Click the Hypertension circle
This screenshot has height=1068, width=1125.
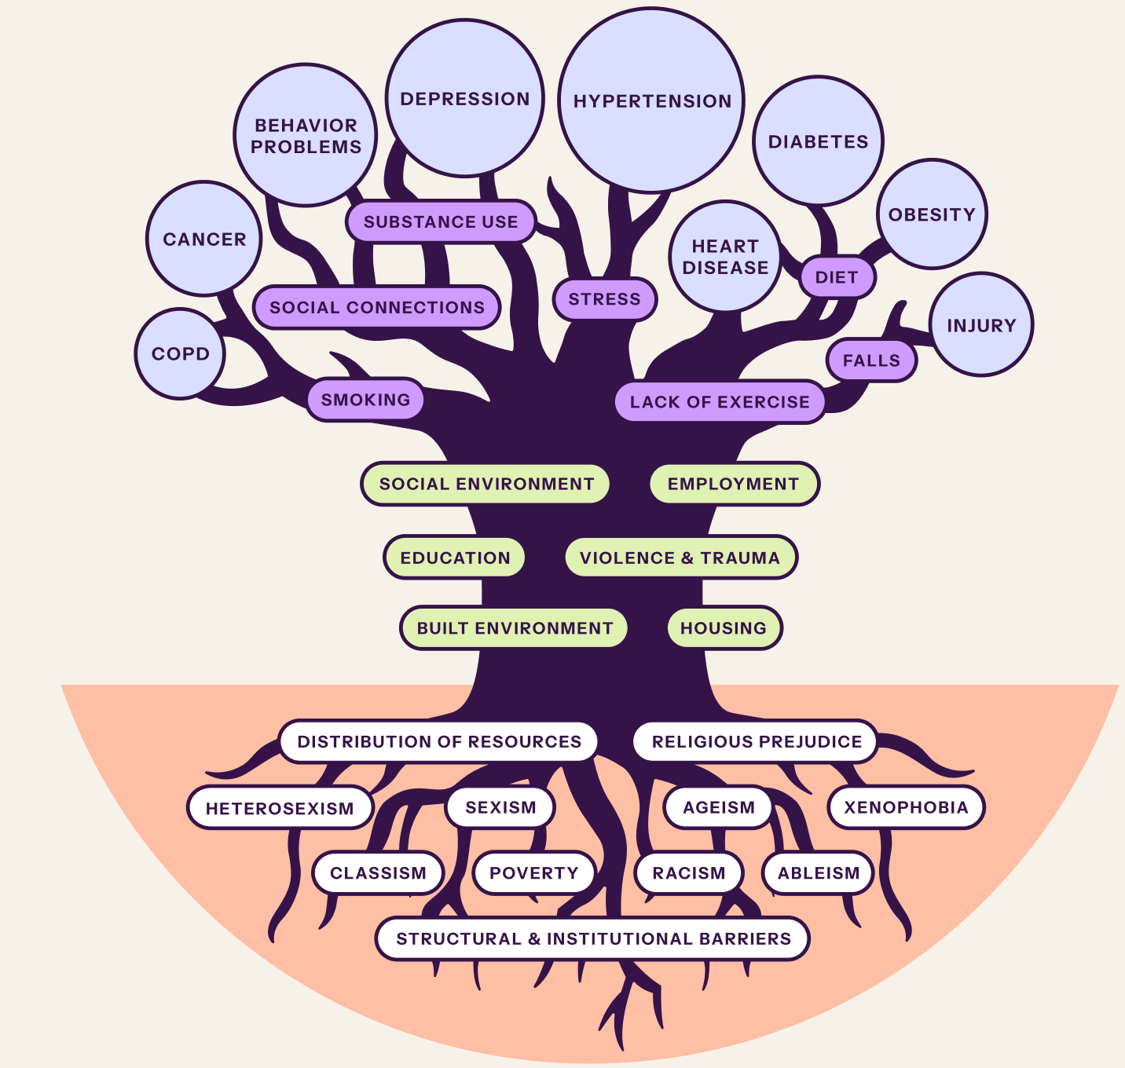651,101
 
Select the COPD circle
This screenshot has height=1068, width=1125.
180,353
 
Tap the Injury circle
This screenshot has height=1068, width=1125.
981,324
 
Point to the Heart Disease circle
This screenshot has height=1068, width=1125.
725,257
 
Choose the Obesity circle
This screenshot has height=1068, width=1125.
933,214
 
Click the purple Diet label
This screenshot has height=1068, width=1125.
837,277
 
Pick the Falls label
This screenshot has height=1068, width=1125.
871,360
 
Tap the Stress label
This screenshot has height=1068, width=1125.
604,298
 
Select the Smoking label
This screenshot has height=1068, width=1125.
365,399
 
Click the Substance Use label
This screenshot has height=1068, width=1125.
441,221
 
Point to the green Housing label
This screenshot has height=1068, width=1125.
724,628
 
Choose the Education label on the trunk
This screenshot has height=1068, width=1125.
455,558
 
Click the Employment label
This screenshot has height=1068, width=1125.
734,484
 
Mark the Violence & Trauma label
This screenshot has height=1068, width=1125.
680,558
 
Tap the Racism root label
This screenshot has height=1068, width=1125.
689,873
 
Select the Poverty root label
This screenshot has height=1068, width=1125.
534,873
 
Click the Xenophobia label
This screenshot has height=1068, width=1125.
906,807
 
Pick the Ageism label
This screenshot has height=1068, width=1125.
719,807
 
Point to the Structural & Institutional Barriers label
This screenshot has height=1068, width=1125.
593,938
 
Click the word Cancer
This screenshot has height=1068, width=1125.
204,239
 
